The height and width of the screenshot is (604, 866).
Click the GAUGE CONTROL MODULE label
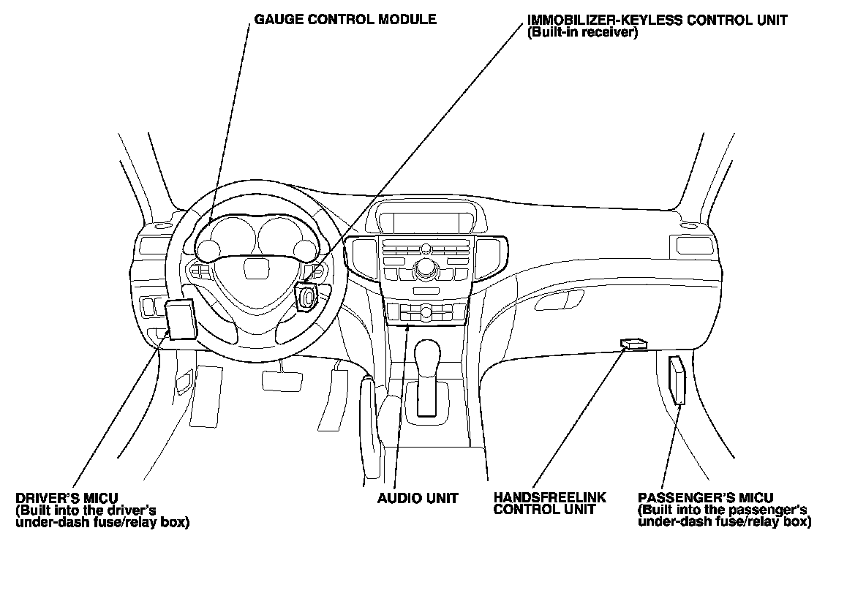pyautogui.click(x=344, y=19)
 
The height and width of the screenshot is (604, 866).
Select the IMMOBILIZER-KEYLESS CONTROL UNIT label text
pyautogui.click(x=658, y=20)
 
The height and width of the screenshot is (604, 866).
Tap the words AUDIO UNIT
pyautogui.click(x=418, y=499)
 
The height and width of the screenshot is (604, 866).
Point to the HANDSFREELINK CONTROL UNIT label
pyautogui.click(x=549, y=504)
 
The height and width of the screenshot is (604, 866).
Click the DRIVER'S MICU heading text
pyautogui.click(x=67, y=499)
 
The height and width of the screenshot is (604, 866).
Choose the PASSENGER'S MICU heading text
pyautogui.click(x=705, y=498)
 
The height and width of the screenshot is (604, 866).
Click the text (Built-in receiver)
pyautogui.click(x=583, y=33)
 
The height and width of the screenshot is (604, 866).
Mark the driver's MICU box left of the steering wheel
pyautogui.click(x=181, y=320)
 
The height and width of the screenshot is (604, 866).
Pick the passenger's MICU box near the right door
pyautogui.click(x=677, y=381)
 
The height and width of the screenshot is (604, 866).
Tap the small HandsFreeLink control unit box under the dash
pyautogui.click(x=633, y=344)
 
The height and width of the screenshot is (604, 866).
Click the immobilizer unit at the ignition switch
pyautogui.click(x=306, y=296)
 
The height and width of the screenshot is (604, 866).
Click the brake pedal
pyautogui.click(x=282, y=380)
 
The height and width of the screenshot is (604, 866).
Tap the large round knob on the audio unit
pyautogui.click(x=425, y=267)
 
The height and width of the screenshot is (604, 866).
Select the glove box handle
pyautogui.click(x=559, y=300)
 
